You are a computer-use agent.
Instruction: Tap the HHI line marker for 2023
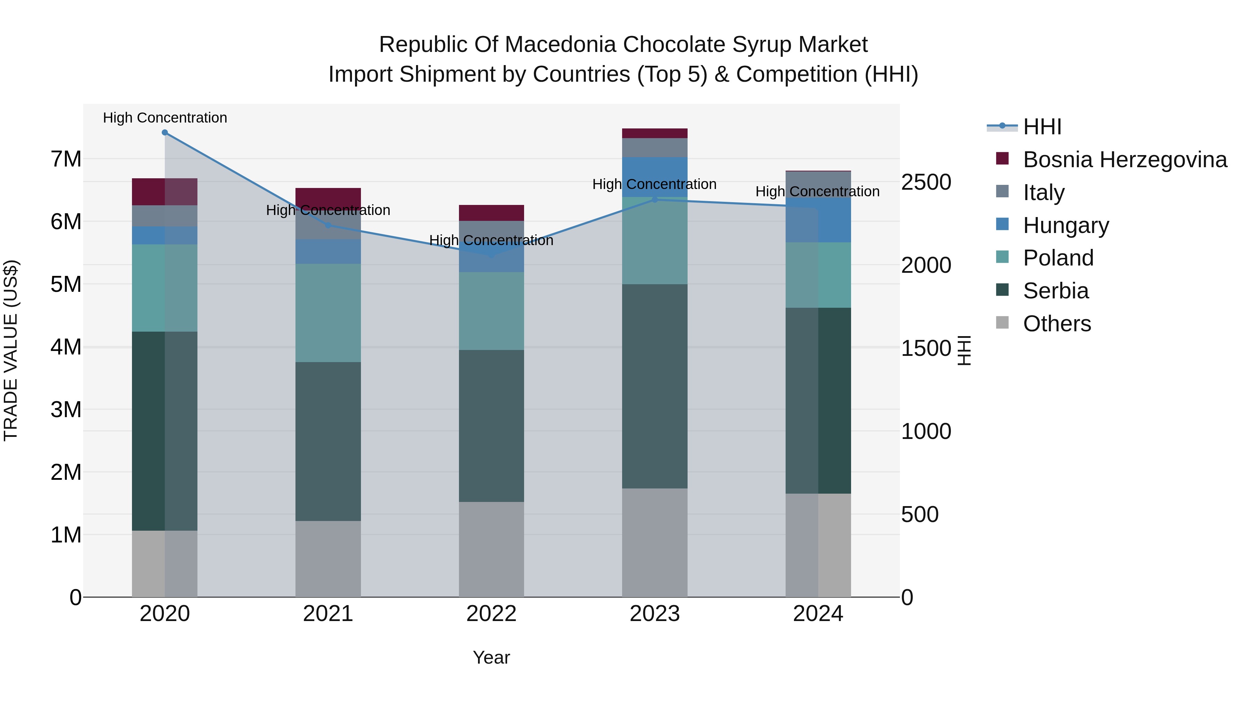654,199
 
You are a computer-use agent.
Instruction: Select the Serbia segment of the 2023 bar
654,386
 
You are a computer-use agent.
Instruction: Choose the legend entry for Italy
1044,192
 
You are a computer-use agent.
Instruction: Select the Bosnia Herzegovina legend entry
1124,160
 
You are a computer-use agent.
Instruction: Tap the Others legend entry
1057,324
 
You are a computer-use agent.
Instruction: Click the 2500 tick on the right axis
926,182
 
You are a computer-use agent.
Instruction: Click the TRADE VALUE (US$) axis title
11,350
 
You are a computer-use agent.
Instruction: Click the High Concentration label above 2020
165,118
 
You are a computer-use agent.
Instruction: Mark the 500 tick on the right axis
919,514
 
